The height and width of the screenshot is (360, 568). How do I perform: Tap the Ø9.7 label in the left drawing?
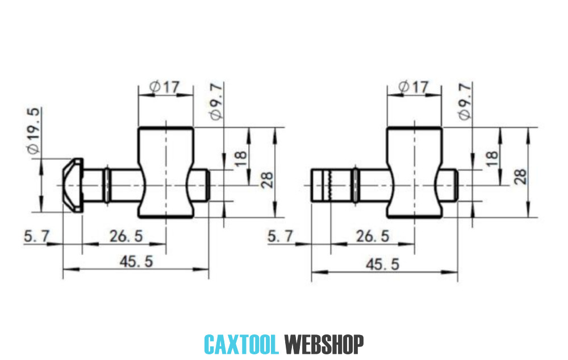pyautogui.click(x=215, y=101)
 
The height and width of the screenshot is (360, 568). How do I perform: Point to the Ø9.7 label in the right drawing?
pyautogui.click(x=464, y=101)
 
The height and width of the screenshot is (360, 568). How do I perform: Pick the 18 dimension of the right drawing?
pyautogui.click(x=492, y=156)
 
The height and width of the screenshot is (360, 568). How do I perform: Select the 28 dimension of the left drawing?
pyautogui.click(x=267, y=179)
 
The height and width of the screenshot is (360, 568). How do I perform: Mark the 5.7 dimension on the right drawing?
pyautogui.click(x=281, y=236)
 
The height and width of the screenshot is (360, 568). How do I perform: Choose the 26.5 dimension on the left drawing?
pyautogui.click(x=126, y=236)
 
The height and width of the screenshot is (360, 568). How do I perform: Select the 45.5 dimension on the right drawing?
pyautogui.click(x=383, y=264)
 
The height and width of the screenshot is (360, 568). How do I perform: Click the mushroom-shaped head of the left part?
pyautogui.click(x=73, y=185)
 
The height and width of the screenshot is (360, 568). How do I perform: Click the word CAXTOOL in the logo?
pyautogui.click(x=241, y=344)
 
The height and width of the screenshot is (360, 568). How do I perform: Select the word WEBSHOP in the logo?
pyautogui.click(x=324, y=344)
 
